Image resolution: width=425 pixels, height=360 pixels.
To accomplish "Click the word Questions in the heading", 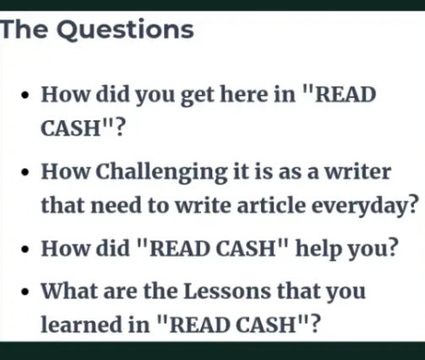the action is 126,30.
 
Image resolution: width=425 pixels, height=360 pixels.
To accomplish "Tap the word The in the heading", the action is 25,30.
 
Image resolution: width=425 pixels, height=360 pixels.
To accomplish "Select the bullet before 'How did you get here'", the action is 25,95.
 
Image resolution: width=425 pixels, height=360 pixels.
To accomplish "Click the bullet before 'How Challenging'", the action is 25,172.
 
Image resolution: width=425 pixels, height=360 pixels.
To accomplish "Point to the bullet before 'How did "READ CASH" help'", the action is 25,249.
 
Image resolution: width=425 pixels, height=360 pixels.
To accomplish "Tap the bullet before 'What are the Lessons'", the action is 25,292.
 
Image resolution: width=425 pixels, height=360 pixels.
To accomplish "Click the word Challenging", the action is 161,172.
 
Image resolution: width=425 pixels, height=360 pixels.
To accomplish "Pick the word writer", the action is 358,172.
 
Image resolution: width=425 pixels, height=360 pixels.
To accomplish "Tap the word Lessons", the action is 227,291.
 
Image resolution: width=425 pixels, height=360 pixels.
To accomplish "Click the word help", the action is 318,249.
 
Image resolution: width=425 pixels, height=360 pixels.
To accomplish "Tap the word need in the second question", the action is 116,205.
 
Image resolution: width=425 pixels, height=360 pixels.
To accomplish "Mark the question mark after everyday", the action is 412,205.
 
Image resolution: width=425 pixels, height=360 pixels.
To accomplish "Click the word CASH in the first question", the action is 71,128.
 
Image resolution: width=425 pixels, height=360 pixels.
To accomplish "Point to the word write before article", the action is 203,205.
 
